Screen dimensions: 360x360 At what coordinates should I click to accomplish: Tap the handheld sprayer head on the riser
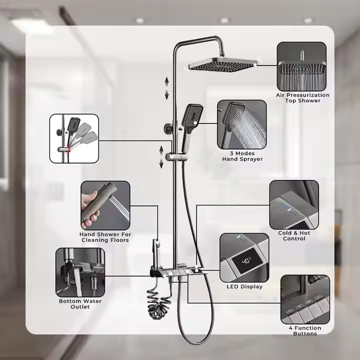192,118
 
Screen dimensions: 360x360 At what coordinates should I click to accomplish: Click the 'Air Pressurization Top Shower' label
302,98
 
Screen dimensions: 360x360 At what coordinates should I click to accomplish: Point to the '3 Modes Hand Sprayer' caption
242,156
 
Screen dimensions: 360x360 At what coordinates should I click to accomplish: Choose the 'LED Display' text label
244,286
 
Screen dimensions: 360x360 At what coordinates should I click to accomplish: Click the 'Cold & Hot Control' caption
294,236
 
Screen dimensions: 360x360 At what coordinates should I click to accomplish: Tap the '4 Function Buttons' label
305,330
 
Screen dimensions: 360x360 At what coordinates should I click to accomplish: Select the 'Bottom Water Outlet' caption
80,304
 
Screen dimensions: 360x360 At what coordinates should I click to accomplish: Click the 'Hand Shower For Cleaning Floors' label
105,237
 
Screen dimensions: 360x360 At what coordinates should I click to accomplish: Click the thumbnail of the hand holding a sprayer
105,205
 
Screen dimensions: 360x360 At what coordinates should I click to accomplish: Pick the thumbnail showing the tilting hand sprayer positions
74,138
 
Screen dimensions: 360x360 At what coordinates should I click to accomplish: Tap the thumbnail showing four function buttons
305,299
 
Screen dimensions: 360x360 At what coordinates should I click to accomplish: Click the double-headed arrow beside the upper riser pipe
167,88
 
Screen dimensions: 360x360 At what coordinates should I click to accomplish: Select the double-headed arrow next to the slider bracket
161,157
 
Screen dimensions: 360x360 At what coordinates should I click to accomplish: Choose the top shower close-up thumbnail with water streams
301,66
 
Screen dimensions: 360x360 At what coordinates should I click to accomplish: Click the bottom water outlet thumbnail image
80,272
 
